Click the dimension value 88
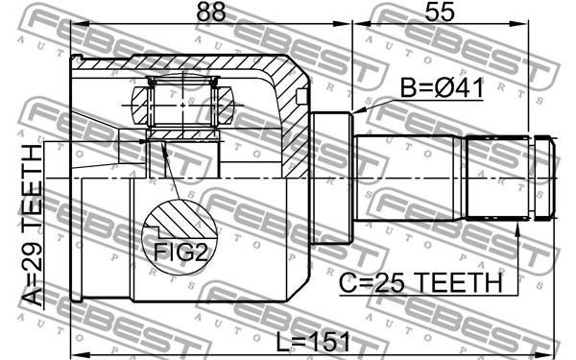click(x=211, y=12)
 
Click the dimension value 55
click(x=440, y=12)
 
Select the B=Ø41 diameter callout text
click(x=442, y=88)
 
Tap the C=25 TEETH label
click(x=420, y=283)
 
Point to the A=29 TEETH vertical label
click(x=33, y=225)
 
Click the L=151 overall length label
click(x=313, y=343)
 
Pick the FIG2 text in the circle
click(x=180, y=252)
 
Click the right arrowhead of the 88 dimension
click(x=345, y=24)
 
